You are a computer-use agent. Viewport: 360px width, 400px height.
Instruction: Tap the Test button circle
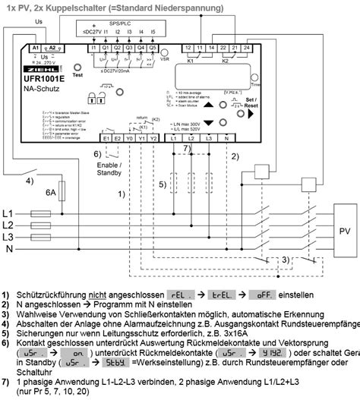(77, 67)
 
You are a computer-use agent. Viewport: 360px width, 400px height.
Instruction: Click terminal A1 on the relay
(35, 48)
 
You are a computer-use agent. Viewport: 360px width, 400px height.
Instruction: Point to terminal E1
(107, 138)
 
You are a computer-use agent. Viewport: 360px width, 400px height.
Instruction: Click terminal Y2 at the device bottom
(153, 138)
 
